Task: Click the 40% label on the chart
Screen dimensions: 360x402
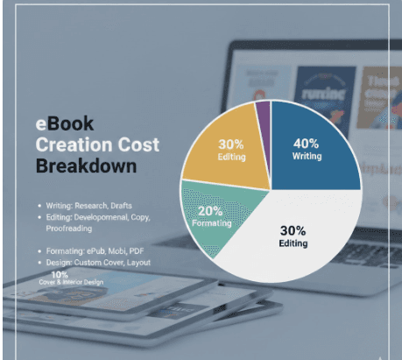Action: (x=307, y=143)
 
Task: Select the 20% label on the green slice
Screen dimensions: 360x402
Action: (x=211, y=210)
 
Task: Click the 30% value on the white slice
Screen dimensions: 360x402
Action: (x=293, y=230)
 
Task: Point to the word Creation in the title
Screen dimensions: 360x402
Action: (x=72, y=145)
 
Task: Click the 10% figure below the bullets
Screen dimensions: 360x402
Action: (x=60, y=274)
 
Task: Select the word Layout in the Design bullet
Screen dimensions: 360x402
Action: (x=138, y=263)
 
